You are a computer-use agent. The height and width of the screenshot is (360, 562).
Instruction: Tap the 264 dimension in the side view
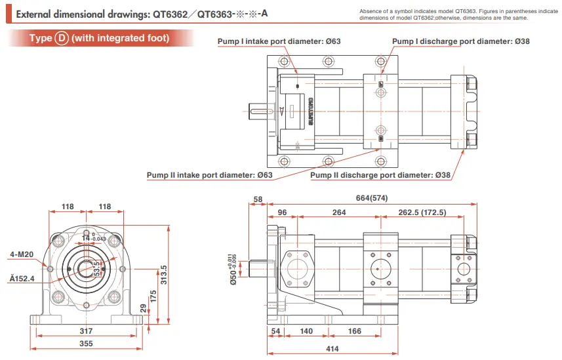coord(339,212)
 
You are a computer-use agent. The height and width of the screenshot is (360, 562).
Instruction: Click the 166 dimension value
coord(355,331)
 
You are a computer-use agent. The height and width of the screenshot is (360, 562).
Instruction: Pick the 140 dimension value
coord(306,331)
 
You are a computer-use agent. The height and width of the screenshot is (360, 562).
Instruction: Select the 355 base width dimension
coord(86,344)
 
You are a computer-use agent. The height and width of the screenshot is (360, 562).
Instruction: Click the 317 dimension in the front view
coord(86,330)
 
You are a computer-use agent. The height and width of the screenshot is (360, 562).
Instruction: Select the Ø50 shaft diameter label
coord(233,269)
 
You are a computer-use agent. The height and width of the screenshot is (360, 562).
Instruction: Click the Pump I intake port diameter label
coord(279,41)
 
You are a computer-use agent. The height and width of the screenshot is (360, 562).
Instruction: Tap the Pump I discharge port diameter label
coord(461,41)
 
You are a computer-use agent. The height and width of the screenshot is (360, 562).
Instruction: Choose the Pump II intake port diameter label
coord(209,175)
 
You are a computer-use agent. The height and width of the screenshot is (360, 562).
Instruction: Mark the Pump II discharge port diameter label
coord(380,175)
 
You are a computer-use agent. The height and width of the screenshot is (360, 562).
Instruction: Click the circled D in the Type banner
coord(61,38)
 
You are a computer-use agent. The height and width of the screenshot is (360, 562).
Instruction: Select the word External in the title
coord(33,12)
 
